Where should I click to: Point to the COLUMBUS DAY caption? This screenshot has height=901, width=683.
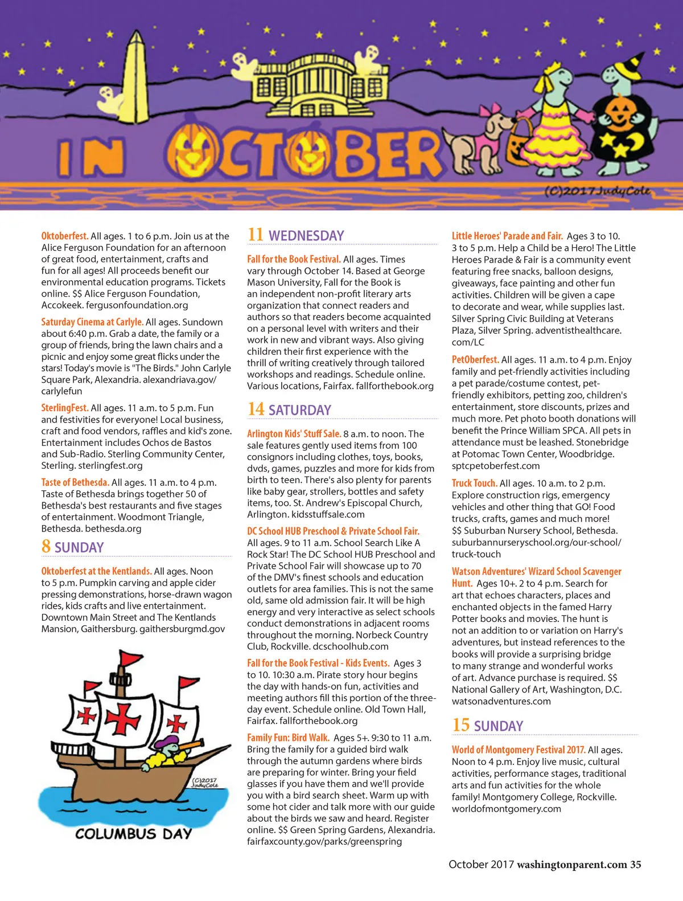134,834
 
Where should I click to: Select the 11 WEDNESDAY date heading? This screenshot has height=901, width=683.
296,235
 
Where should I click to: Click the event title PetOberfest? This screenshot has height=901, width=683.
475,360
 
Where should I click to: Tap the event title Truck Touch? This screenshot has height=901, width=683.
474,484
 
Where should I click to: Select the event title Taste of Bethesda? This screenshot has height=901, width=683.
75,482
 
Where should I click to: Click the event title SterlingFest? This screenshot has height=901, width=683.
65,408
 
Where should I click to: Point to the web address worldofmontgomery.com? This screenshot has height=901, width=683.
506,809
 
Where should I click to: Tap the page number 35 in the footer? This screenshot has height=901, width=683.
635,865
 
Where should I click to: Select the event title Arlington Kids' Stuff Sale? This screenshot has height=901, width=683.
294,433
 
